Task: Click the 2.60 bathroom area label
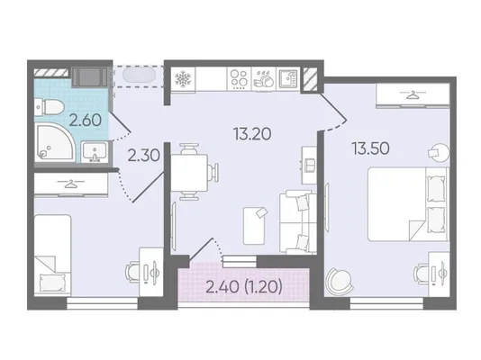(86, 120)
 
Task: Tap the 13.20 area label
(252, 134)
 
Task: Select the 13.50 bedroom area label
(371, 148)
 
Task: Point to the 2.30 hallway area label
(143, 156)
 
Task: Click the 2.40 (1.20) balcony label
(244, 287)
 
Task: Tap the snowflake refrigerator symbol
(183, 79)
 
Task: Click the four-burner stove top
(240, 78)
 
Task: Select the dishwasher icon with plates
(264, 79)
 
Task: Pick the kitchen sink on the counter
(288, 78)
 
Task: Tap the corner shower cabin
(54, 142)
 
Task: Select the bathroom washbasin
(95, 151)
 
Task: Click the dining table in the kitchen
(189, 173)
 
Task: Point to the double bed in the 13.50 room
(407, 203)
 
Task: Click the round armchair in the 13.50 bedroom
(339, 282)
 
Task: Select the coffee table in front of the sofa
(254, 226)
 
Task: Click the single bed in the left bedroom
(52, 255)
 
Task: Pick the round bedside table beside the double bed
(438, 153)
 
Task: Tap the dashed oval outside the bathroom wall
(139, 75)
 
